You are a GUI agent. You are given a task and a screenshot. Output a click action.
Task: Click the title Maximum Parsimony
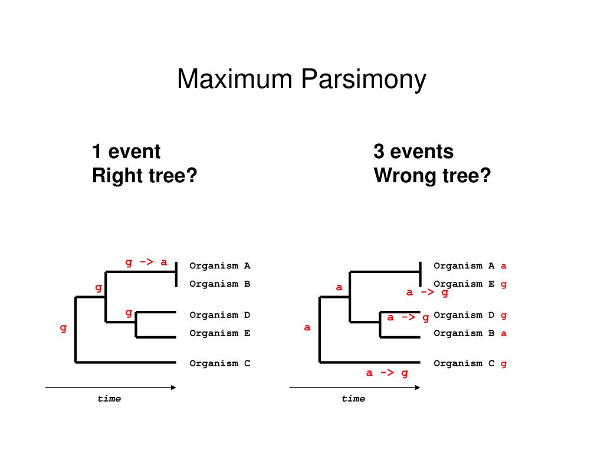pyautogui.click(x=301, y=80)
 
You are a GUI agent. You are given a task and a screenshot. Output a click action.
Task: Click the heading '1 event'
pyautogui.click(x=126, y=152)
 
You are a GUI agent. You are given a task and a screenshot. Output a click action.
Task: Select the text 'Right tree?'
pyautogui.click(x=144, y=176)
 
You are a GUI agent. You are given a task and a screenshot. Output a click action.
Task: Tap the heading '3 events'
pyautogui.click(x=413, y=152)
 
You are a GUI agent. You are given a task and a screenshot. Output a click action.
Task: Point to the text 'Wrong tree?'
pyautogui.click(x=432, y=176)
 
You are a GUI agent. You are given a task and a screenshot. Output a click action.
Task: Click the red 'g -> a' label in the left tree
pyautogui.click(x=146, y=262)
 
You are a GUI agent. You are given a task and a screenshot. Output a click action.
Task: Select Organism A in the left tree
pyautogui.click(x=219, y=266)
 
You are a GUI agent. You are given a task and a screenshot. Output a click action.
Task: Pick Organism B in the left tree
pyautogui.click(x=219, y=284)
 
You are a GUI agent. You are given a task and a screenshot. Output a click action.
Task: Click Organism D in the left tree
pyautogui.click(x=219, y=315)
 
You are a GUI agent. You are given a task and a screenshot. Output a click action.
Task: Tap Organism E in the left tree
pyautogui.click(x=219, y=333)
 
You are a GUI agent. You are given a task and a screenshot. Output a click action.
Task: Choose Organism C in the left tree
pyautogui.click(x=219, y=363)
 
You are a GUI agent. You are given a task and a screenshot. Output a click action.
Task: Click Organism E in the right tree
pyautogui.click(x=464, y=284)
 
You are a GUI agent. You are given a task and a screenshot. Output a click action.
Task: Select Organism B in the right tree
pyautogui.click(x=464, y=333)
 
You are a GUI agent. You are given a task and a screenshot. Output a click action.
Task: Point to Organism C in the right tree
pyautogui.click(x=464, y=363)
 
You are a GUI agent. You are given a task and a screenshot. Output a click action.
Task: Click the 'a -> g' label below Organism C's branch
pyautogui.click(x=387, y=373)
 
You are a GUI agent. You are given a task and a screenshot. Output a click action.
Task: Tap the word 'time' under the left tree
pyautogui.click(x=109, y=399)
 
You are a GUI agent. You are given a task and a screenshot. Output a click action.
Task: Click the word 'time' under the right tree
pyautogui.click(x=353, y=399)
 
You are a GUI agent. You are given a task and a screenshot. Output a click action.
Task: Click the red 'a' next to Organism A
pyautogui.click(x=504, y=266)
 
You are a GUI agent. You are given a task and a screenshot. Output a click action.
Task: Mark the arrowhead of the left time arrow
pyautogui.click(x=173, y=388)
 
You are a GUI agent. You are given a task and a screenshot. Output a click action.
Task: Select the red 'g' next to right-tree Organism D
pyautogui.click(x=504, y=316)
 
